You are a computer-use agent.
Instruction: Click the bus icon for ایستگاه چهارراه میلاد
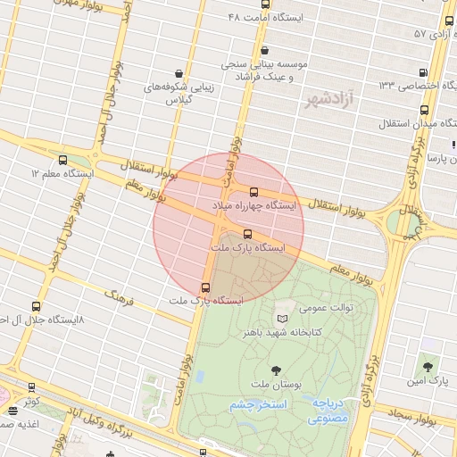[254, 192]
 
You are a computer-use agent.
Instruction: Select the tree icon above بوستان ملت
[275, 370]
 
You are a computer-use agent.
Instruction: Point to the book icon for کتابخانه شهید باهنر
[283, 319]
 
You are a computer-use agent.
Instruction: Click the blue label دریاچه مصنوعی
[334, 410]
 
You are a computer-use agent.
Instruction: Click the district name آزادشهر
[329, 99]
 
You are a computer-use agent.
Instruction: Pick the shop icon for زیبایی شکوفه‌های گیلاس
[180, 74]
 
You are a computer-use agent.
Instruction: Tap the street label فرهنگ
[119, 296]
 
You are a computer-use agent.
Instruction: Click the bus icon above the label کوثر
[32, 388]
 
